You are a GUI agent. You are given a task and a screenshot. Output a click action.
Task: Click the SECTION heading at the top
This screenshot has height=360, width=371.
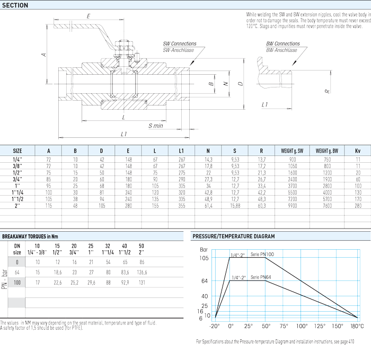point(15,5)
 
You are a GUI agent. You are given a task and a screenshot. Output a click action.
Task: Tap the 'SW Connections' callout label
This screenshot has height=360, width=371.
point(180,44)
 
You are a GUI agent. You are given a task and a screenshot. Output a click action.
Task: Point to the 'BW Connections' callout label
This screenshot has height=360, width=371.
point(283,44)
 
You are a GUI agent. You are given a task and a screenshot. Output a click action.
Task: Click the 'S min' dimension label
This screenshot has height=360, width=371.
point(156,126)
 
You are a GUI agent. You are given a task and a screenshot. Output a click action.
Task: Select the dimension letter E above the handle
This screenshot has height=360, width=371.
point(89,16)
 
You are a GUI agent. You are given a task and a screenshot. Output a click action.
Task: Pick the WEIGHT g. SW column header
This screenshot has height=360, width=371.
point(292,151)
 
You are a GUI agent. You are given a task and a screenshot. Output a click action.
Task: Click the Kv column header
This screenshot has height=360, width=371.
point(358,151)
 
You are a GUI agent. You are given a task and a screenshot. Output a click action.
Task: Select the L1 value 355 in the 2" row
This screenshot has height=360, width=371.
point(182,206)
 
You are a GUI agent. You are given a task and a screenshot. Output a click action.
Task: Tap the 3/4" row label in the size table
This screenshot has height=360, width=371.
point(17,179)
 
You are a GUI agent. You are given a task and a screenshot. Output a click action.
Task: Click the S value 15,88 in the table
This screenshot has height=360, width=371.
point(235,206)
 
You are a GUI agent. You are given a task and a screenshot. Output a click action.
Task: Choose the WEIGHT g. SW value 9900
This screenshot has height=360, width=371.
point(293,206)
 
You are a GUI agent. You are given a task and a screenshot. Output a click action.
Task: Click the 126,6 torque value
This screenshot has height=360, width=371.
point(142,273)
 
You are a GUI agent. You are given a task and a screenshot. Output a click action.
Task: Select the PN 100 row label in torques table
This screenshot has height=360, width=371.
point(17,283)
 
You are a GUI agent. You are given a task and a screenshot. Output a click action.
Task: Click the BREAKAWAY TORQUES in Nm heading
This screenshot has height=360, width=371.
point(30,236)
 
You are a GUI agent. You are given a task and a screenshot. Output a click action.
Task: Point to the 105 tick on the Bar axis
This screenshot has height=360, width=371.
point(204,258)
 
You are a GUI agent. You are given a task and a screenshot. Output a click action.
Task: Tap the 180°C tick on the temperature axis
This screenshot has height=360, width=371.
point(357,326)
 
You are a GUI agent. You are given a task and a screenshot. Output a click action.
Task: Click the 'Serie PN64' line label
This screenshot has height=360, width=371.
point(261,277)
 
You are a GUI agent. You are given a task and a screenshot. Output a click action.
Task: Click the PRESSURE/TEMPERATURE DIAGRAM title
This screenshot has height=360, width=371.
point(234,236)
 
